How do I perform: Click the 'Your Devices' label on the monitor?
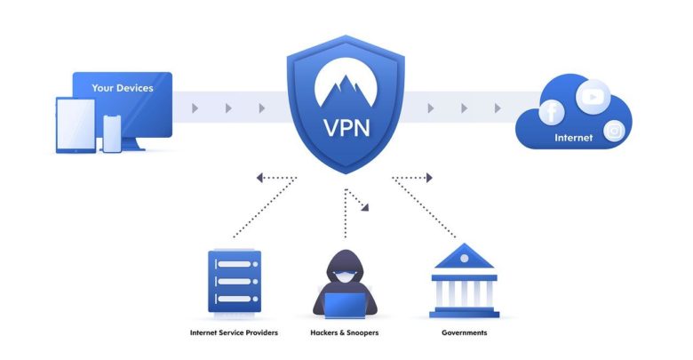(123, 88)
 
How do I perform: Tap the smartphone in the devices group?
(112, 133)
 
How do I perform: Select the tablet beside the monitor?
(76, 125)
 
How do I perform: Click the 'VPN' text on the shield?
(346, 128)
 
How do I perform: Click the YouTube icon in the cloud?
(593, 96)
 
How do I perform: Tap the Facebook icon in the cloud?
(551, 112)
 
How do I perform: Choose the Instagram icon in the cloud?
(614, 131)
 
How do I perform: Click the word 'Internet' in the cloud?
(573, 138)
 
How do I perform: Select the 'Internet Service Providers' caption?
(234, 332)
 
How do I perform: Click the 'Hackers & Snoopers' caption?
(345, 332)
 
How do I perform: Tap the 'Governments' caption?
(464, 332)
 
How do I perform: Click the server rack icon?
(235, 282)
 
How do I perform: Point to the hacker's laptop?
(346, 305)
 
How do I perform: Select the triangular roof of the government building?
(464, 256)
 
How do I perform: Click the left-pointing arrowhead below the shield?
(259, 178)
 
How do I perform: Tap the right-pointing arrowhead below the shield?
(429, 178)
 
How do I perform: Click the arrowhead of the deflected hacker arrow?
(365, 206)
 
